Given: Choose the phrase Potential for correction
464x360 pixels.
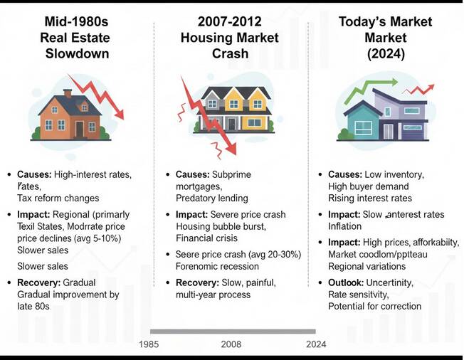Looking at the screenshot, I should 374,306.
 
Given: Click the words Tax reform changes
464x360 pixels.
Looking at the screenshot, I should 59,198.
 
